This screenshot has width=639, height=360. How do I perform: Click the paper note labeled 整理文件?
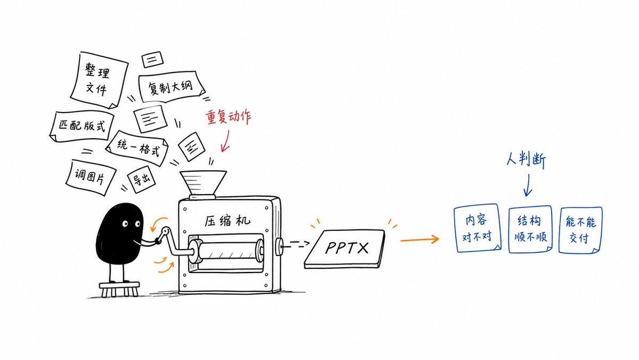point(99,80)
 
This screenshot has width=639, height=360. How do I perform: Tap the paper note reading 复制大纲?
point(171,86)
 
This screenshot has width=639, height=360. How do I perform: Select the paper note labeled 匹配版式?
point(82,126)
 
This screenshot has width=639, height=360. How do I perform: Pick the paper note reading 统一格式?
point(138,148)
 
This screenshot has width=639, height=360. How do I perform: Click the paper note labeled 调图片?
point(91,178)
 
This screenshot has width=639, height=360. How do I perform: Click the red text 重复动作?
point(228,117)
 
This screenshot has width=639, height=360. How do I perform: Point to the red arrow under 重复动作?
point(225,141)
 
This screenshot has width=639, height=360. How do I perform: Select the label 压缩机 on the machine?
point(228,221)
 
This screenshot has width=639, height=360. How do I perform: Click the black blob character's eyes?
point(131,224)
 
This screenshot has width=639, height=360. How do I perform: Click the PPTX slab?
point(345,249)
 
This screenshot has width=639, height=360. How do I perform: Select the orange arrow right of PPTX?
point(420,239)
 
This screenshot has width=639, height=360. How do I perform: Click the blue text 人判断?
point(526,159)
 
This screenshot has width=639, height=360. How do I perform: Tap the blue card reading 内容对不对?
point(477,228)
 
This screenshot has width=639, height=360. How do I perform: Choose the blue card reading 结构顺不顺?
point(530,229)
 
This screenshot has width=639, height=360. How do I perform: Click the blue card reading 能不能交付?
point(580,230)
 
